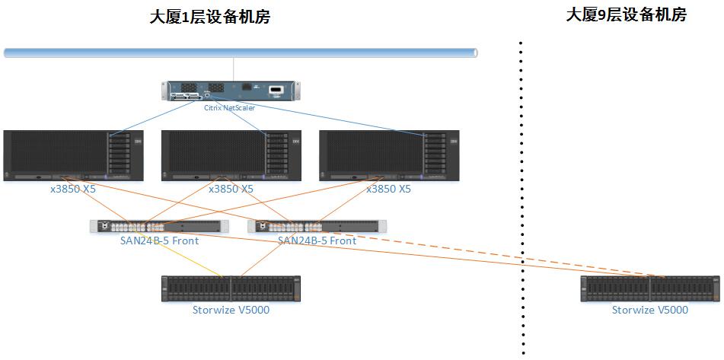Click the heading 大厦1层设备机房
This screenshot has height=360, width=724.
tap(209, 17)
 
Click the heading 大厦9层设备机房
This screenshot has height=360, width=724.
tap(626, 14)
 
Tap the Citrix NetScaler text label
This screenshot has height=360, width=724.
tap(229, 108)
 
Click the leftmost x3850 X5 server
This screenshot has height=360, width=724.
tap(73, 155)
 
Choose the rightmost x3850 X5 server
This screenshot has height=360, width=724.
tap(389, 155)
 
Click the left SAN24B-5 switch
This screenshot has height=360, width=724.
tap(159, 226)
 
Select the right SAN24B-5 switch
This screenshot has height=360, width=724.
tap(317, 226)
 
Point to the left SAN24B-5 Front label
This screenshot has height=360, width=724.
tap(159, 241)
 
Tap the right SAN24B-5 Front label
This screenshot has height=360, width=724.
tap(317, 241)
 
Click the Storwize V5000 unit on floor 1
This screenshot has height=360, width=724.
tap(231, 289)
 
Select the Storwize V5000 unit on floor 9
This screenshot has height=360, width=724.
tap(650, 289)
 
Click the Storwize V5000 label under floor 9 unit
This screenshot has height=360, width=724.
tap(650, 310)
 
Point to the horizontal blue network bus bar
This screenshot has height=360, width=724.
tap(241, 53)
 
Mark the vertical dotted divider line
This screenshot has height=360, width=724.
tap(521, 198)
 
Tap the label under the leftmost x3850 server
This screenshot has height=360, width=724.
tap(73, 189)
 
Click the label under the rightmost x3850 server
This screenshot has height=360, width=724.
tap(388, 189)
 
